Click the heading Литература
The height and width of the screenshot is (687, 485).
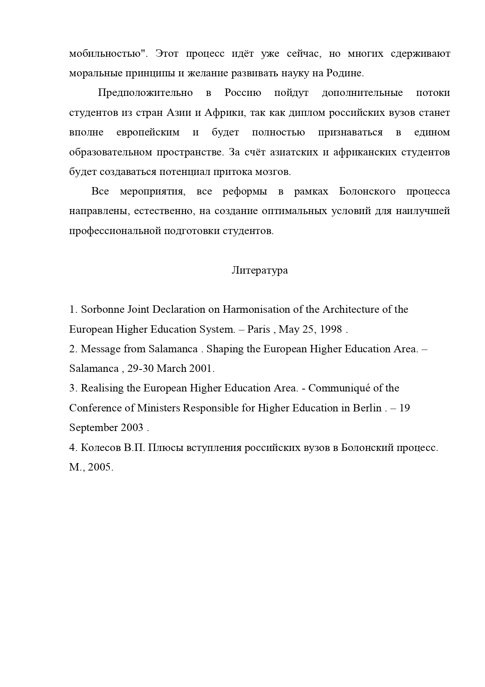click(x=260, y=270)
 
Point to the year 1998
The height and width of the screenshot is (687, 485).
click(x=331, y=329)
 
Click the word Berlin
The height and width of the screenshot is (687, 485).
click(x=367, y=408)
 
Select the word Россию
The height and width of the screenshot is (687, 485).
click(x=243, y=93)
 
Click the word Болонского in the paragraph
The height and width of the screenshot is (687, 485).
click(x=367, y=191)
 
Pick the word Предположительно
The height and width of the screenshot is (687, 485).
click(x=145, y=93)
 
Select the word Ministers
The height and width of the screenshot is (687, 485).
click(x=158, y=408)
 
